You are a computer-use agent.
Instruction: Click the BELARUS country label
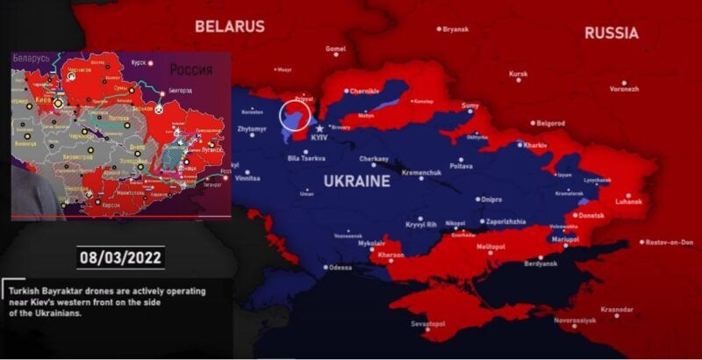(230, 26)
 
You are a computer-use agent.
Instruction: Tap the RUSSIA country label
(612, 33)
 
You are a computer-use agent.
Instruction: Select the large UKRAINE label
(357, 182)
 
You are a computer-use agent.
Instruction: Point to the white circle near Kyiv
(295, 117)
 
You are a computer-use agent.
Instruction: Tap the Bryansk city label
(455, 29)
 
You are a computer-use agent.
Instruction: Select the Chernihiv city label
(363, 90)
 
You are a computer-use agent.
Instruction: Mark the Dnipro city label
(492, 199)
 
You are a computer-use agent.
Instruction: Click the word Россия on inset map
(191, 68)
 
